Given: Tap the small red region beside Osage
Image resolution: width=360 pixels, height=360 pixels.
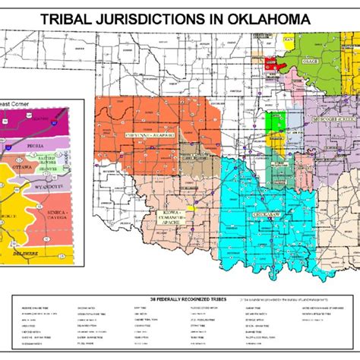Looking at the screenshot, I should coord(270,67).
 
